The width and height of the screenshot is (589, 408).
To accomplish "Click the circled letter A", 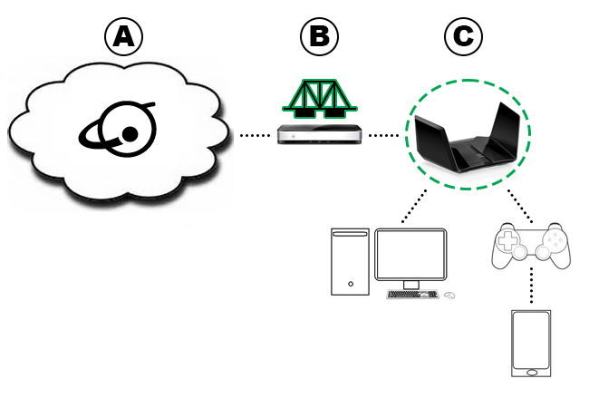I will coord(125,37).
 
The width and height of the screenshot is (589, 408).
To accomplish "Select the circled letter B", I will coord(319,37).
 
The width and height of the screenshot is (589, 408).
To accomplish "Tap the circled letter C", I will coord(463,37).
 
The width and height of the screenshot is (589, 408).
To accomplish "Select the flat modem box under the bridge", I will coord(321,135).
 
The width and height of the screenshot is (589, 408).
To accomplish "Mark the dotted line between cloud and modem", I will coord(256,136).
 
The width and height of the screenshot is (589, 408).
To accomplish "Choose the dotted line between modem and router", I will coord(384,136).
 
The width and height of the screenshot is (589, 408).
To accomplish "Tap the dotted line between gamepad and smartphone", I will coord(531,288).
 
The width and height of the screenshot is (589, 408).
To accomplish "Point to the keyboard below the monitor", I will coord(412,295).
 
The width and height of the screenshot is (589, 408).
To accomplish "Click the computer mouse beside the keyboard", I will coord(449,295).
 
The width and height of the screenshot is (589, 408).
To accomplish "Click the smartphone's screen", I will coord(531,340).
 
